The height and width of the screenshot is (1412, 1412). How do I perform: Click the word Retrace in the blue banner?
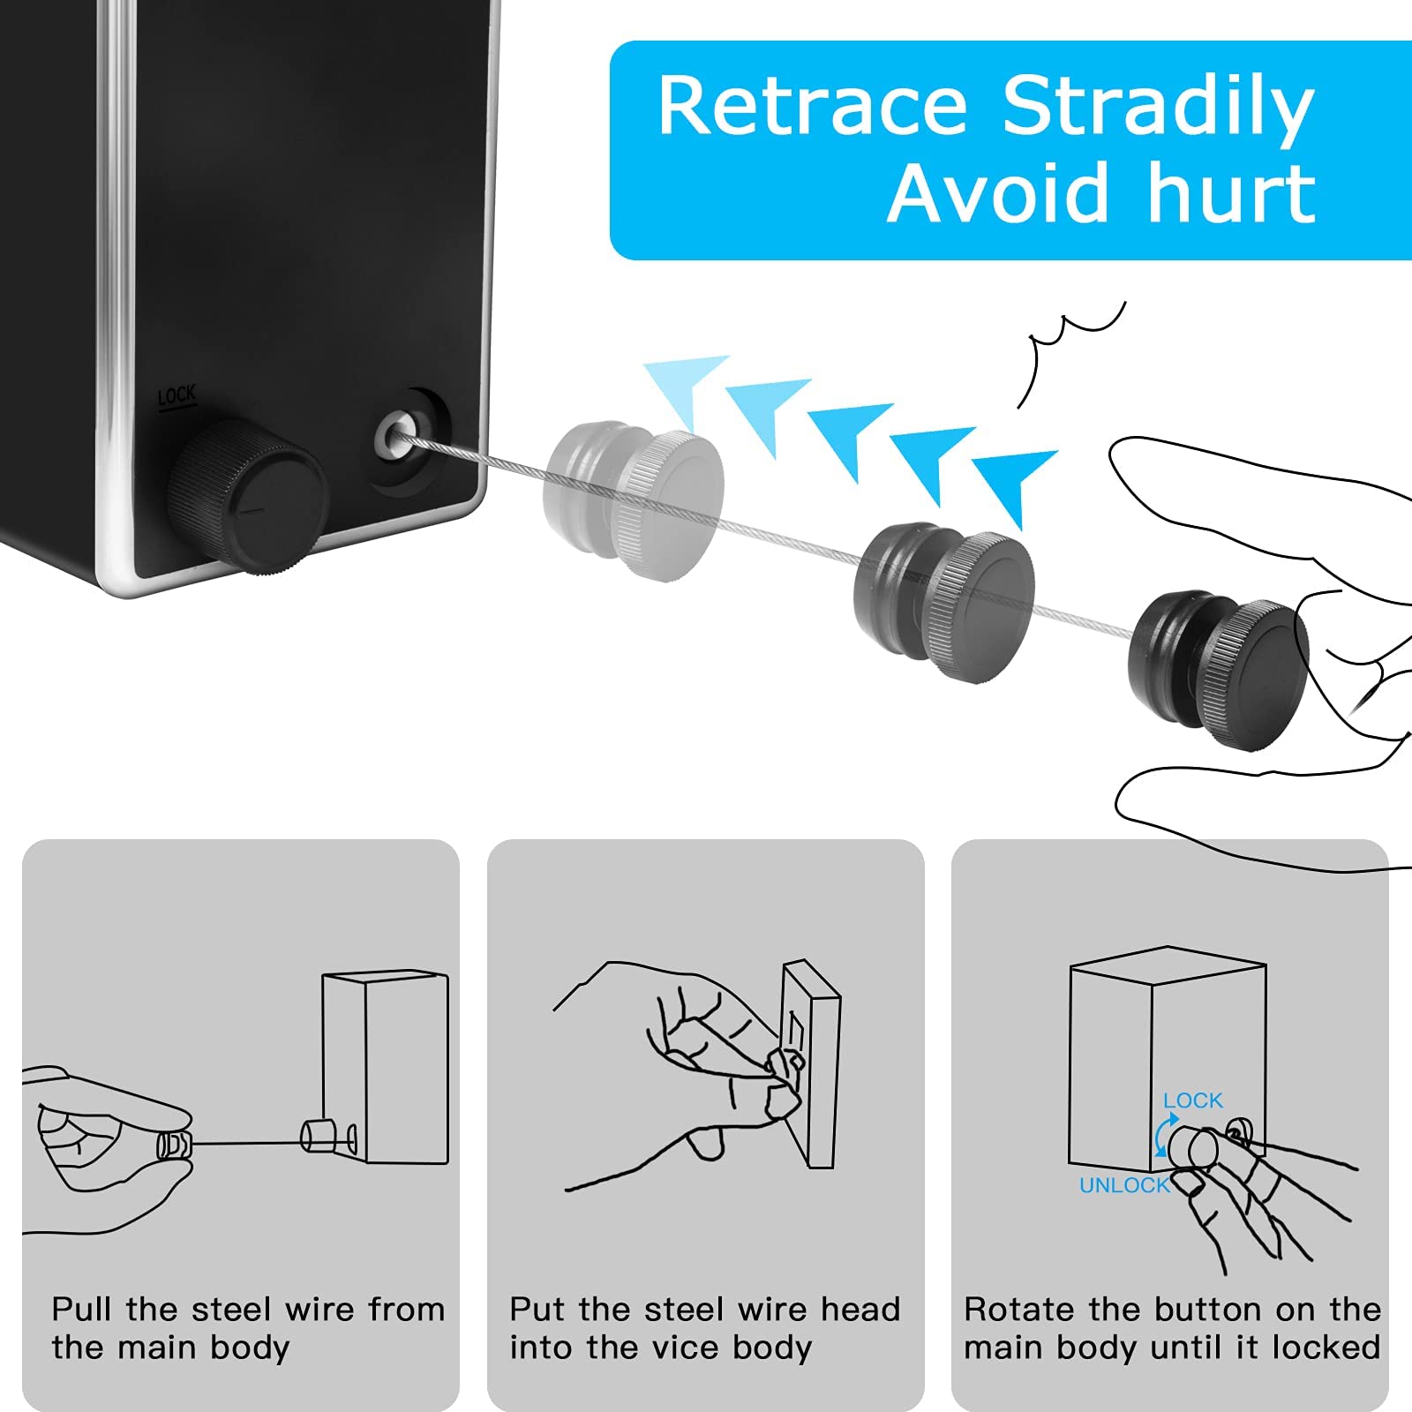(812, 106)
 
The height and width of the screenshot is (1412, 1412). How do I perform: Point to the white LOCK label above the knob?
(176, 397)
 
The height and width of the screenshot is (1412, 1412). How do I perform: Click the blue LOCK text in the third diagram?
(1193, 1100)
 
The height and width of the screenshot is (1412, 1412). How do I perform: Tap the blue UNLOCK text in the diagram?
(1124, 1185)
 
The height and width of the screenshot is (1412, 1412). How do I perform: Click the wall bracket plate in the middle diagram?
(810, 1063)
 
